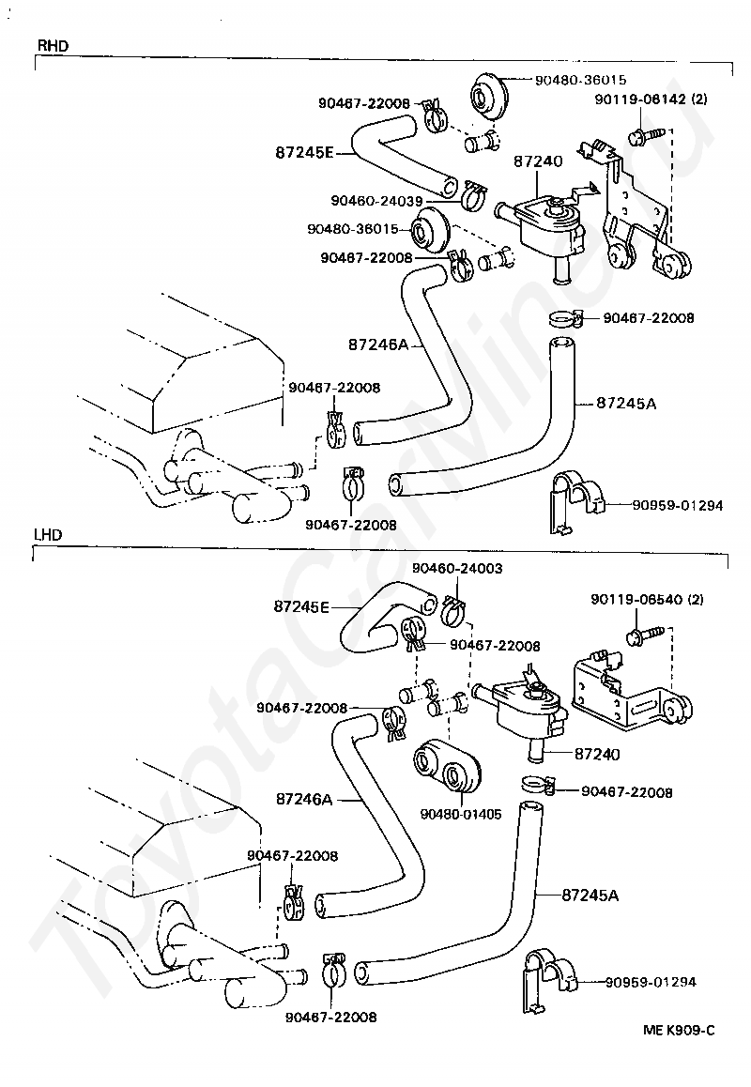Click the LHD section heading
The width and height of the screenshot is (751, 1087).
click(49, 534)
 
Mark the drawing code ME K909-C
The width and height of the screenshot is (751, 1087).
click(679, 1030)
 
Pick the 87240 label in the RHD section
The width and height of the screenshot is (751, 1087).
click(538, 162)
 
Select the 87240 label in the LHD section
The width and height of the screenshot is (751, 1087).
click(596, 753)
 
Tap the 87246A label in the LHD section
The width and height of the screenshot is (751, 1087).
click(304, 799)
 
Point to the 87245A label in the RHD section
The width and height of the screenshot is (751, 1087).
click(625, 404)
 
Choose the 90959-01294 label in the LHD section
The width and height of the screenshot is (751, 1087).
click(651, 982)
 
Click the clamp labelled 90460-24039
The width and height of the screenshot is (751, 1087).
click(473, 196)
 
